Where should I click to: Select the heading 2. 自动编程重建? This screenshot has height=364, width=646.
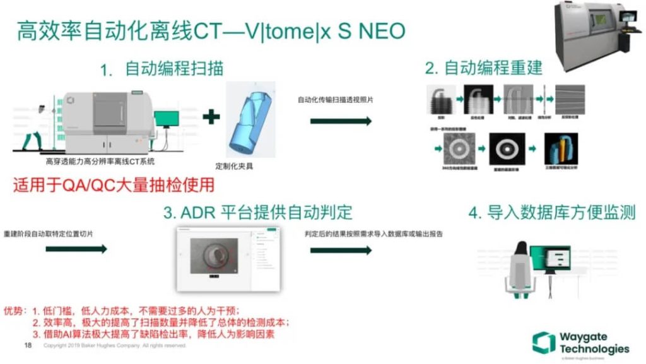click(x=483, y=68)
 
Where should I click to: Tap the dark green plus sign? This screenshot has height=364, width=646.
click(x=212, y=116)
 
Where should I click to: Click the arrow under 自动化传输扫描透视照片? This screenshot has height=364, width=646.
click(x=341, y=120)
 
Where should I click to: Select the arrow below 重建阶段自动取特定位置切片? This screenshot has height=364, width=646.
click(x=76, y=249)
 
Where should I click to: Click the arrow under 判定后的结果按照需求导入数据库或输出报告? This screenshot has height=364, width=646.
click(x=341, y=249)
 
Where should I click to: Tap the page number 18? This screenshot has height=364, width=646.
click(x=27, y=346)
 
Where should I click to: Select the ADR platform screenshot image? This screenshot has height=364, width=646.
click(x=228, y=259)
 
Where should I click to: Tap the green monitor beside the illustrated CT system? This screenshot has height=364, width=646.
click(x=167, y=119)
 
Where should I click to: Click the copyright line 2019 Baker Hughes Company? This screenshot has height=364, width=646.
click(x=114, y=346)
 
